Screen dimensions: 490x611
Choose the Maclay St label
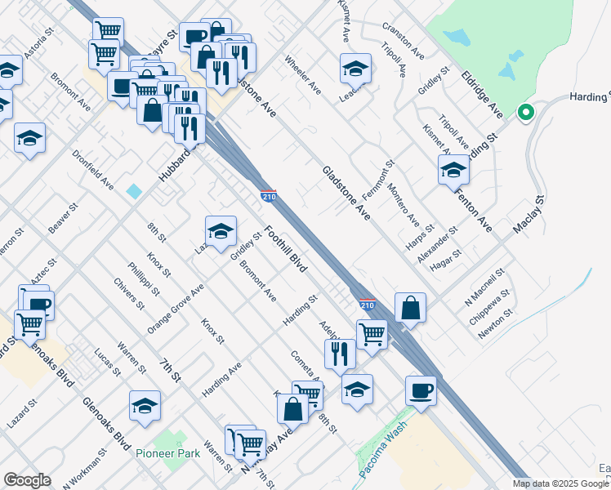click(528, 217)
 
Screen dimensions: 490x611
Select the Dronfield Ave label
click(92, 170)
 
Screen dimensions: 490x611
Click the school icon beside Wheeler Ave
click(355, 69)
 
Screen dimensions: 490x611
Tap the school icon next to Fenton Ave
click(453, 170)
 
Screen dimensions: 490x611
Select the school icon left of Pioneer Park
click(145, 406)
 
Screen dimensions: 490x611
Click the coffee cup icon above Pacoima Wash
click(421, 390)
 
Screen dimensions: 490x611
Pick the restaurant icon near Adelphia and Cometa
click(340, 353)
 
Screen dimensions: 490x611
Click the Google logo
click(27, 480)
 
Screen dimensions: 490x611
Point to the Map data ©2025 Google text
click(560, 483)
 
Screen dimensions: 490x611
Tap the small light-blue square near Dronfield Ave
click(134, 191)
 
